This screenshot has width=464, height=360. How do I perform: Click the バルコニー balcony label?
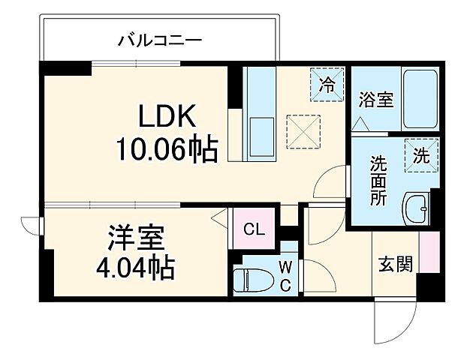(159, 40)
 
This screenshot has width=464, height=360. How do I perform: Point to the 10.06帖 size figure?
(166, 150)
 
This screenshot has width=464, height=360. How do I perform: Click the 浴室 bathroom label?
(375, 100)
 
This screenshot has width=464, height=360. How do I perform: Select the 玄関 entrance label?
(395, 265)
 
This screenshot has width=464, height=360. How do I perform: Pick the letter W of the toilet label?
(286, 266)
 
